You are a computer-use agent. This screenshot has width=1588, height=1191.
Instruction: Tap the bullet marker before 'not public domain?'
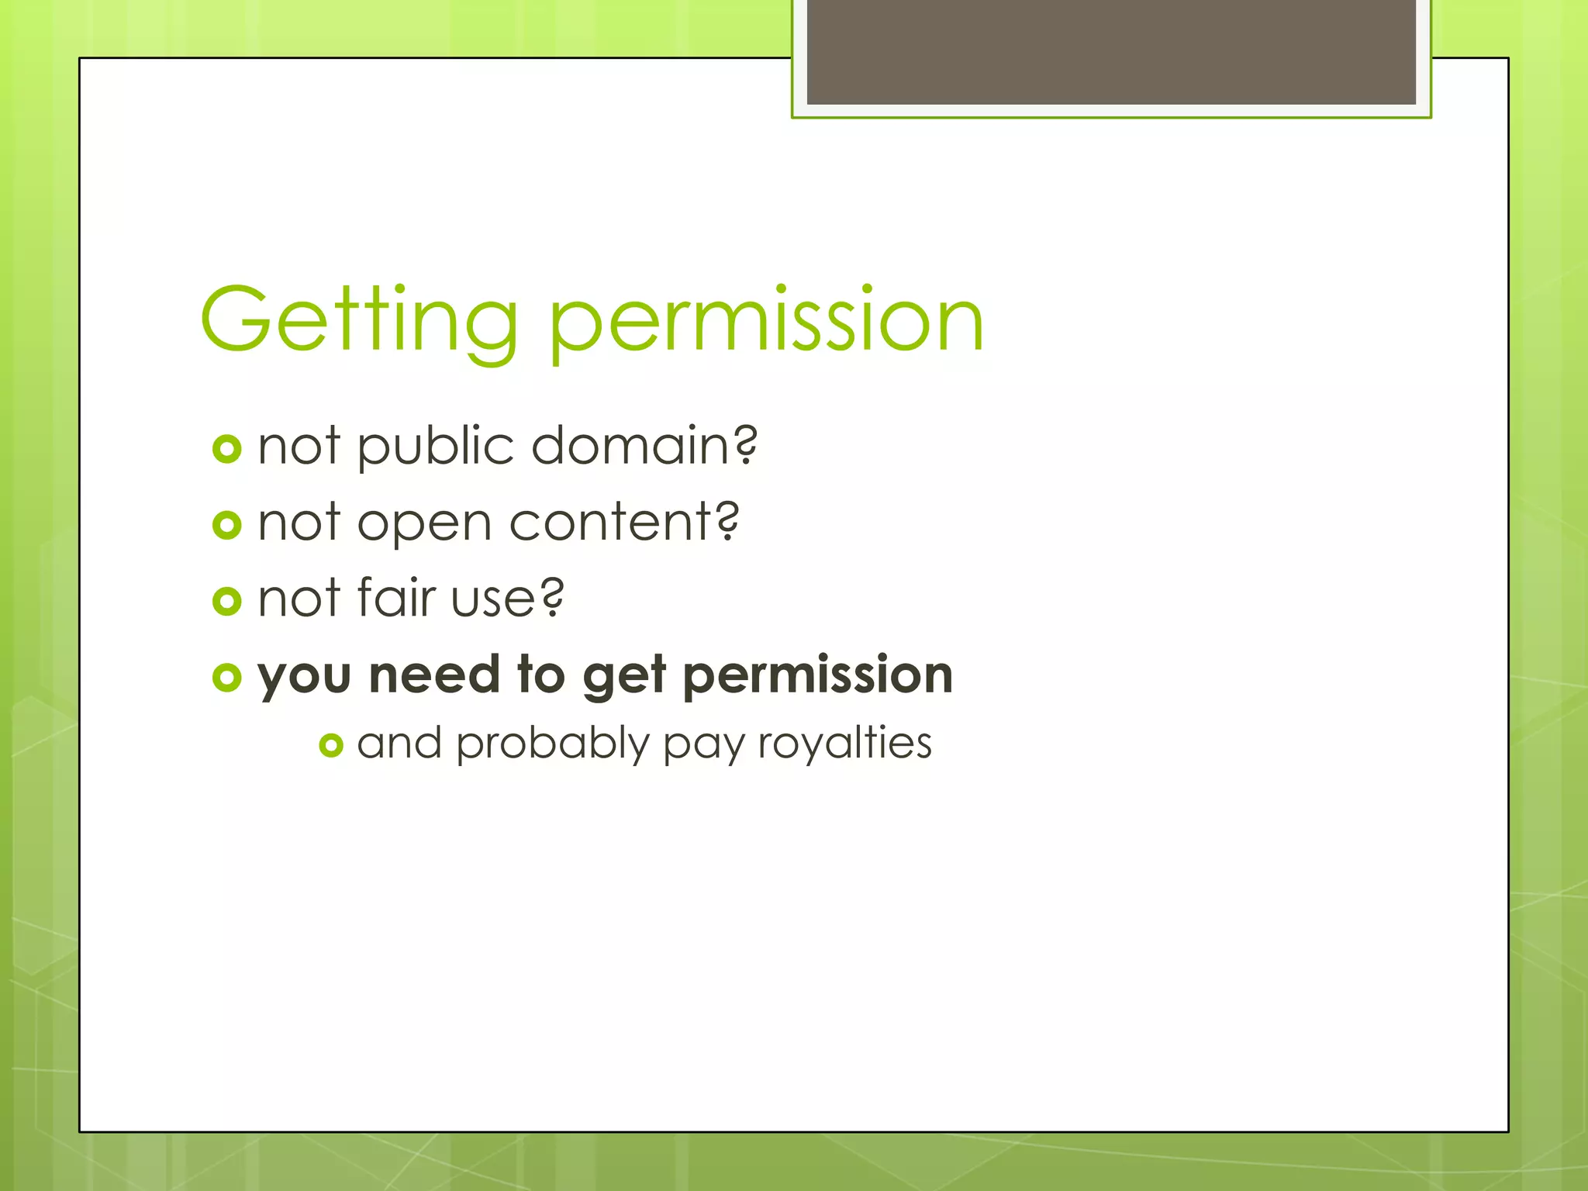(x=226, y=449)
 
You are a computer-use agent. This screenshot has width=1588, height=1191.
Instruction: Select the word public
(x=436, y=447)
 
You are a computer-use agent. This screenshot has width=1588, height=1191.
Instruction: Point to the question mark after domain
(x=745, y=445)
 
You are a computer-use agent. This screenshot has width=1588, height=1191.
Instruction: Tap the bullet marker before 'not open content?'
(x=226, y=525)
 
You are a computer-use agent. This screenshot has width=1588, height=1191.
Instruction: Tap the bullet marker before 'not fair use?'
(x=226, y=601)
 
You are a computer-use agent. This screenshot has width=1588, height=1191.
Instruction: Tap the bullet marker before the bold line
(x=226, y=677)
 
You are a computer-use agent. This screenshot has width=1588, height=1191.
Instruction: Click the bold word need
(x=434, y=675)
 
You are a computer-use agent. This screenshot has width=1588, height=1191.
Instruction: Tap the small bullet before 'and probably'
(x=331, y=745)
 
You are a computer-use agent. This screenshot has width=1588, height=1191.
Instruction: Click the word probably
(x=552, y=744)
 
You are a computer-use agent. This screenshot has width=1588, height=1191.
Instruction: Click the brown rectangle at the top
(x=1110, y=51)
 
